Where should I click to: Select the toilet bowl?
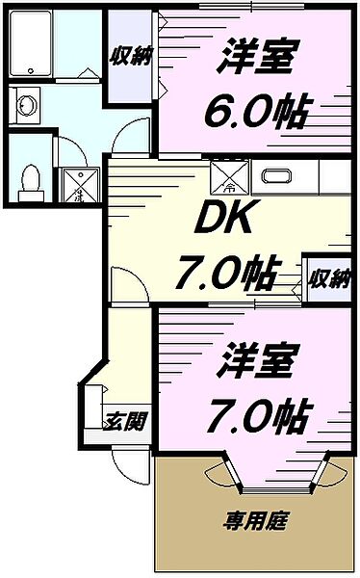[31, 178]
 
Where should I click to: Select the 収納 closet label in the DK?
[327, 279]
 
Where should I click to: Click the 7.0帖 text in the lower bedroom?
[254, 415]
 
